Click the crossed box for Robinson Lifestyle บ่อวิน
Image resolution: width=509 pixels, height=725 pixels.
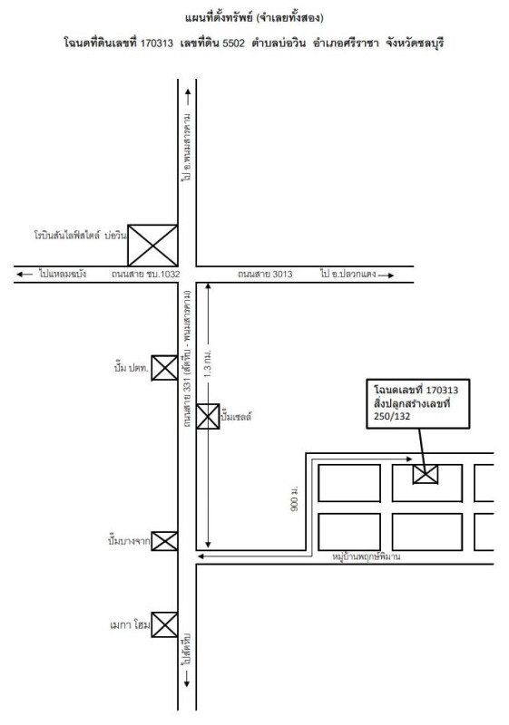[x=152, y=246]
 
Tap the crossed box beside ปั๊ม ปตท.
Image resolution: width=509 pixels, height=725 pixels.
[x=165, y=368]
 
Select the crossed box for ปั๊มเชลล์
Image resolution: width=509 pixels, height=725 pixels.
[x=208, y=416]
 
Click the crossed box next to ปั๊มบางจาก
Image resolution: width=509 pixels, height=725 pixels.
[x=165, y=541]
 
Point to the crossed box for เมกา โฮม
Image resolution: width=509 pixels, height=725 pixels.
[x=165, y=624]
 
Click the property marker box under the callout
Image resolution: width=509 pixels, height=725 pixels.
[x=426, y=474]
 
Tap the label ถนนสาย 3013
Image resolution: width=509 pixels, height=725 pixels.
[x=265, y=275]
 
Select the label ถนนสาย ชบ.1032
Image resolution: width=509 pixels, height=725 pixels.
[x=145, y=275]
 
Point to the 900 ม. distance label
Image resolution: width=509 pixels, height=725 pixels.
[x=294, y=498]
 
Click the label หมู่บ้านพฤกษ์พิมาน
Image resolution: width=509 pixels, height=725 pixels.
[x=367, y=556]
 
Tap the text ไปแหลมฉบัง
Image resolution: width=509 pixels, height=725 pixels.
[x=63, y=274]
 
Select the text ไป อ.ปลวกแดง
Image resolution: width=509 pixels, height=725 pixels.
[x=347, y=274]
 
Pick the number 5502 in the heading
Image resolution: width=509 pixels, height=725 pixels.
[x=233, y=43]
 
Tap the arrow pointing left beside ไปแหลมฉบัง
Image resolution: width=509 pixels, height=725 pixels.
[x=24, y=275]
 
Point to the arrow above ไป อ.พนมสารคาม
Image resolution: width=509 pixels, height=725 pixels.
[x=188, y=96]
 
